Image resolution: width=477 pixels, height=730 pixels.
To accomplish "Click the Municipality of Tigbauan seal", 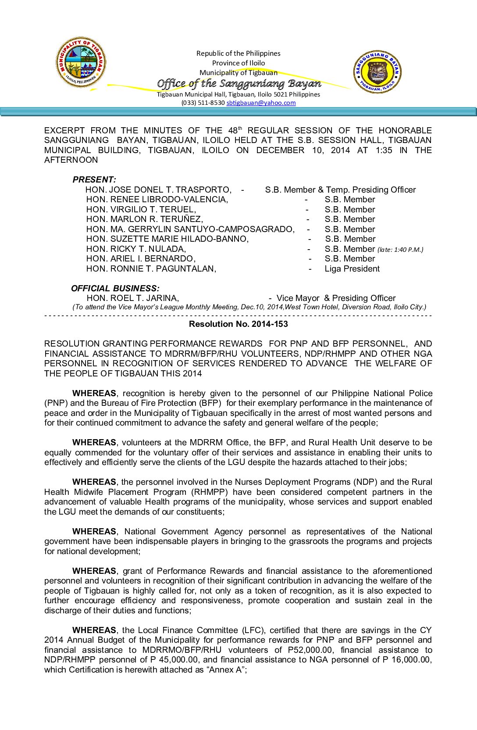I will click(81, 62).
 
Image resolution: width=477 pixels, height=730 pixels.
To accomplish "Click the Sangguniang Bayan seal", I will click(377, 72).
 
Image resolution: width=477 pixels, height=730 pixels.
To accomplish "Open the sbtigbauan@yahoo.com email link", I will click(261, 103).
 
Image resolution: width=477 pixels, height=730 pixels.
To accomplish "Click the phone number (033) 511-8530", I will click(203, 103).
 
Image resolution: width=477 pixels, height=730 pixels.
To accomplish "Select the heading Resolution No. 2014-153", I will click(238, 324).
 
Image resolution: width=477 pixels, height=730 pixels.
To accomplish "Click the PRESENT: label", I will click(94, 179).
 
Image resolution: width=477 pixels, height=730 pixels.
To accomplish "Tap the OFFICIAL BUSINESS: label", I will click(115, 288).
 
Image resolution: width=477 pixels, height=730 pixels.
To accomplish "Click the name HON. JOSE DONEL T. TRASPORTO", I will click(158, 190).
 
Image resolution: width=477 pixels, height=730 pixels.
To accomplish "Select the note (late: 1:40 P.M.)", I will click(400, 250).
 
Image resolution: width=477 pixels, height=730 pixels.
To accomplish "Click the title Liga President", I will click(352, 268).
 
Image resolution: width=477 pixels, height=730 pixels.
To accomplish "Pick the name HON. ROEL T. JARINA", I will click(132, 298).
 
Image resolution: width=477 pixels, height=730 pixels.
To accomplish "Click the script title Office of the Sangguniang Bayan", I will click(239, 83).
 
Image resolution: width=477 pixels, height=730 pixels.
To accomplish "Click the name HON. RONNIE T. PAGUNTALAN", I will click(151, 268).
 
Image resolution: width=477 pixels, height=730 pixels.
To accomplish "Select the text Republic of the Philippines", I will click(238, 53).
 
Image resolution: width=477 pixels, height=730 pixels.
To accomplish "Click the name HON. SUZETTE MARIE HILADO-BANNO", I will click(167, 239).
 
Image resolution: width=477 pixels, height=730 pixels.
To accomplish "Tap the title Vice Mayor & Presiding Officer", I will click(336, 298).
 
